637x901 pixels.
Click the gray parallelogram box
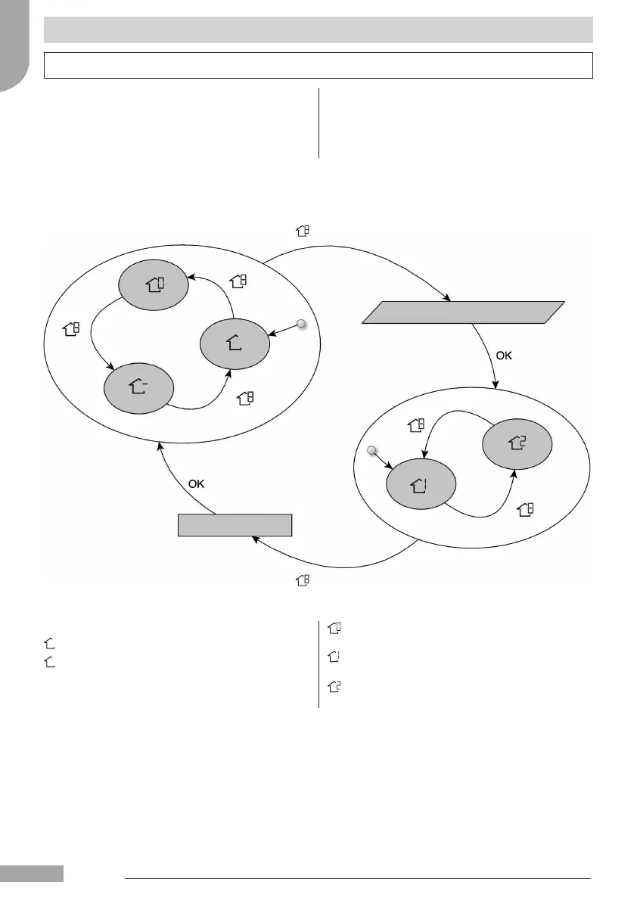tap(463, 312)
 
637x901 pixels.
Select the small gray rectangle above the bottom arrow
tap(235, 525)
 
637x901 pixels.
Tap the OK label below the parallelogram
tap(503, 356)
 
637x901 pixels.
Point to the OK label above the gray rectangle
tap(196, 483)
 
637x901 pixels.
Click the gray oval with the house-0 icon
tap(154, 285)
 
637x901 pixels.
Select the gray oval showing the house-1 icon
tap(421, 485)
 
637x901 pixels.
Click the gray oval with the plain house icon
tap(235, 343)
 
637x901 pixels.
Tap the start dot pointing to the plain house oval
tap(301, 325)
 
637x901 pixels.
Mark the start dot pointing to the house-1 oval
tap(371, 452)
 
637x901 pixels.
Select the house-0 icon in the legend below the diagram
tap(334, 627)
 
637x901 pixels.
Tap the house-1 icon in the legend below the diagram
tap(334, 657)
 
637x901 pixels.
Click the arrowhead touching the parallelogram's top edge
tap(448, 299)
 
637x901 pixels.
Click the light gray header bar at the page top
tap(318, 30)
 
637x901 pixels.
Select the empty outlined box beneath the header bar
tap(318, 65)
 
